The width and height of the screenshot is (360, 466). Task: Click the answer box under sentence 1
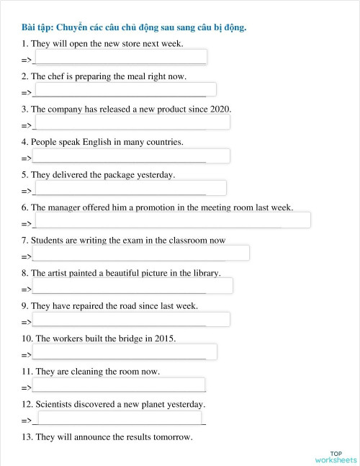[120, 57]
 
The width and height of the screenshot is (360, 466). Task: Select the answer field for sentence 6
[171, 220]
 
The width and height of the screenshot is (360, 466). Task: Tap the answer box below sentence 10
[125, 351]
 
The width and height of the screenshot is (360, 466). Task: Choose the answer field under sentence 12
[120, 417]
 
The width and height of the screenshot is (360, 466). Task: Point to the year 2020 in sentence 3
[220, 109]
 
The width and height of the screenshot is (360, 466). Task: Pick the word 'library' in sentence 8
[204, 273]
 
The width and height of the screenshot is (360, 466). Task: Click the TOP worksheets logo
[336, 457]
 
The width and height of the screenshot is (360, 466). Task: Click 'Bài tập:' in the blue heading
[37, 27]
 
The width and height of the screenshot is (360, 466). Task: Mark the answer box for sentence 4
[131, 156]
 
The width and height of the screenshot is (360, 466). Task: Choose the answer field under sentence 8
[132, 286]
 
